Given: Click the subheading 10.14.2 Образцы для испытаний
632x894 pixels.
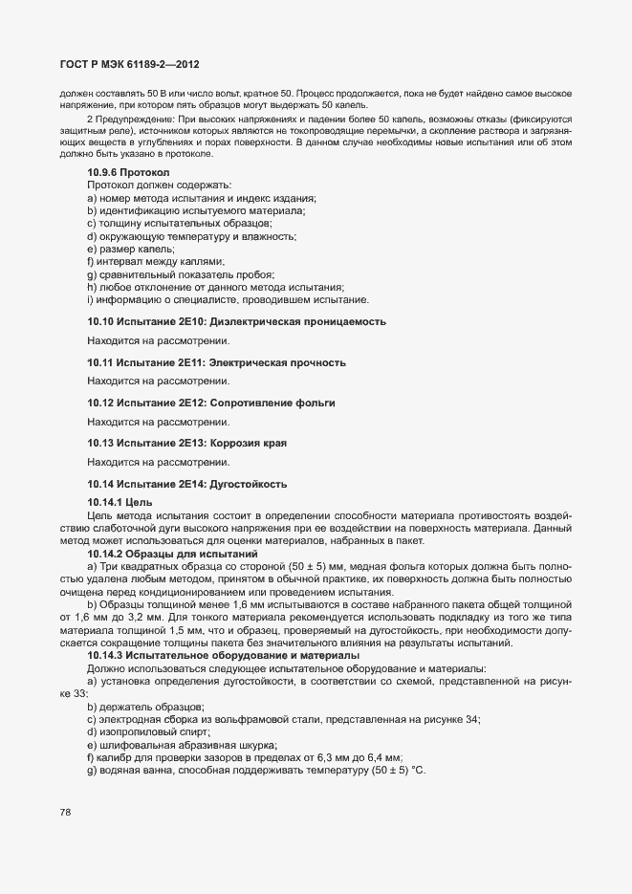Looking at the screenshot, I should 160,555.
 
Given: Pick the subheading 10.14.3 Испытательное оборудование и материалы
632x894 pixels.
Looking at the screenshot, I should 209,655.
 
